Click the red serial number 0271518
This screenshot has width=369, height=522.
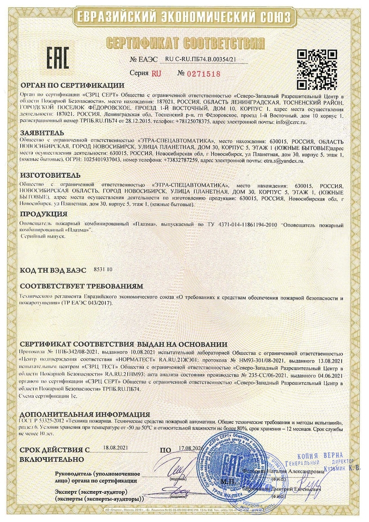coord(204,73)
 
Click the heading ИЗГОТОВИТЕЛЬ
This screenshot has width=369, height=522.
coord(50,174)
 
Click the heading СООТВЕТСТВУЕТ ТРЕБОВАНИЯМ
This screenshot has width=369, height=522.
coord(82,286)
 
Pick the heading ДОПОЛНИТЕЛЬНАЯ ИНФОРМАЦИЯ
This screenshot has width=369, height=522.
coord(85,414)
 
